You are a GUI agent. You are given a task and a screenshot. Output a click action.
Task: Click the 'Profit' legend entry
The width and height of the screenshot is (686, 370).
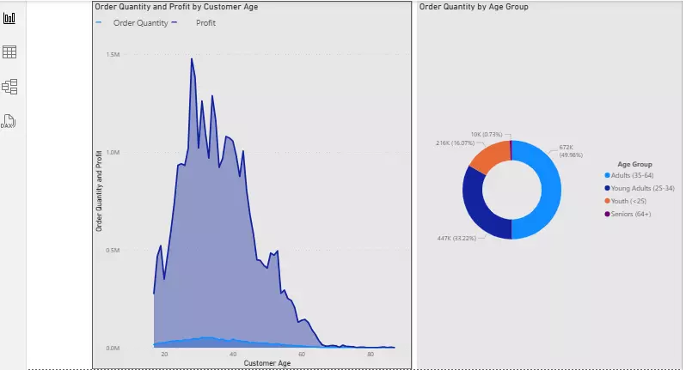pos(205,23)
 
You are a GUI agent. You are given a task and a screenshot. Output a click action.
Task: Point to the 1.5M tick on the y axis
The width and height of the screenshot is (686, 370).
pos(113,54)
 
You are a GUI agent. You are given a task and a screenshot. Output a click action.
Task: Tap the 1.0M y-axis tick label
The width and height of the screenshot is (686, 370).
pos(113,152)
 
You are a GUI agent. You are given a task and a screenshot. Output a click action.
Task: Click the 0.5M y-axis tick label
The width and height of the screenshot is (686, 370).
pos(113,250)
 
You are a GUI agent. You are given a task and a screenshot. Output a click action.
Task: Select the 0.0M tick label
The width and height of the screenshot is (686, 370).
pos(113,348)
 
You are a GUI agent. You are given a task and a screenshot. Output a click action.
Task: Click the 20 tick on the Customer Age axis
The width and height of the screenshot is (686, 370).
pos(164,355)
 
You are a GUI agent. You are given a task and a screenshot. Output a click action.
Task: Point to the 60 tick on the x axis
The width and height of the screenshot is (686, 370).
pos(302,355)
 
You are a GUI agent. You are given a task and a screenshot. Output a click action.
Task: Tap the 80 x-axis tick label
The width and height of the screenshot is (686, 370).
pos(371,355)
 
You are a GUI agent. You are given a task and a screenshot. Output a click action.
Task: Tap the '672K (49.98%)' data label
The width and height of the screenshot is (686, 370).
pos(572,150)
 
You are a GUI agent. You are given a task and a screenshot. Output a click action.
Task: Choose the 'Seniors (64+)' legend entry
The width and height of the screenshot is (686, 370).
pos(630,214)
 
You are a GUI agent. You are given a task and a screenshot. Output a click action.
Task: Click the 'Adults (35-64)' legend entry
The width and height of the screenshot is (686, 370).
pos(632,175)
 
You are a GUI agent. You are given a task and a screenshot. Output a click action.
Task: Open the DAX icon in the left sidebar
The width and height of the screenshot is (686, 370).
pos(9,121)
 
